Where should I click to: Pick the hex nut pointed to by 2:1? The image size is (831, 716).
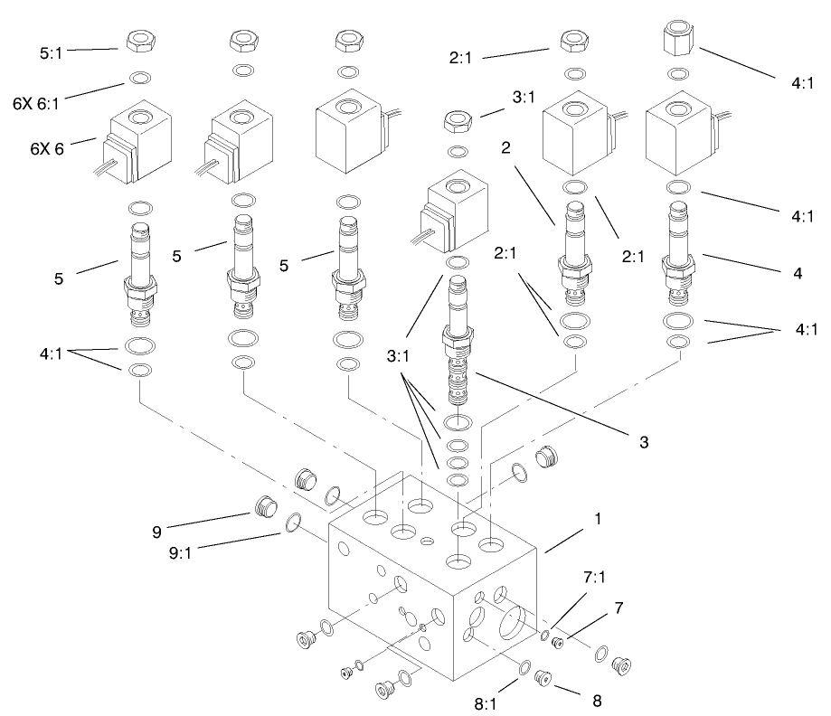[571, 41]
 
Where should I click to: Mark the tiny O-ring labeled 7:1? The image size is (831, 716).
[545, 635]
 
